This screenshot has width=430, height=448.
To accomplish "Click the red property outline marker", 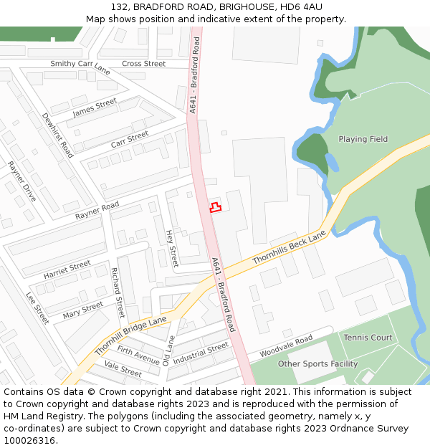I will click(214, 208).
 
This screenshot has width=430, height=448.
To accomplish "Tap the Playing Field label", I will click(363, 139).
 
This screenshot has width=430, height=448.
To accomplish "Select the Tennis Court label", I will click(368, 338).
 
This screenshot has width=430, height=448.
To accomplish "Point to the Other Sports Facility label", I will click(317, 363).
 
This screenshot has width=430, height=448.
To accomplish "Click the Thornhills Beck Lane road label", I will click(289, 249).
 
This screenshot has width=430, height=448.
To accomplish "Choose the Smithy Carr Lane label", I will click(80, 67).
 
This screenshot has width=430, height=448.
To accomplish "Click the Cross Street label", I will click(143, 64).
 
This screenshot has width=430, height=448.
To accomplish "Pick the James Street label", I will click(95, 108).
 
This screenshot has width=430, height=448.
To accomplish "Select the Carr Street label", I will click(130, 139).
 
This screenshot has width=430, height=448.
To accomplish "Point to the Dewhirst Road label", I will click(57, 135).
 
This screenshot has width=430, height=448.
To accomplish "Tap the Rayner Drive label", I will click(22, 181).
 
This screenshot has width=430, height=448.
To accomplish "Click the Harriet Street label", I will click(67, 270).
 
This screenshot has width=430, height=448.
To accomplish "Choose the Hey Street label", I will click(172, 248).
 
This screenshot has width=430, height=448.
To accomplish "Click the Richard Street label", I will click(118, 292).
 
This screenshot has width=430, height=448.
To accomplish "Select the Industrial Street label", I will click(201, 353).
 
